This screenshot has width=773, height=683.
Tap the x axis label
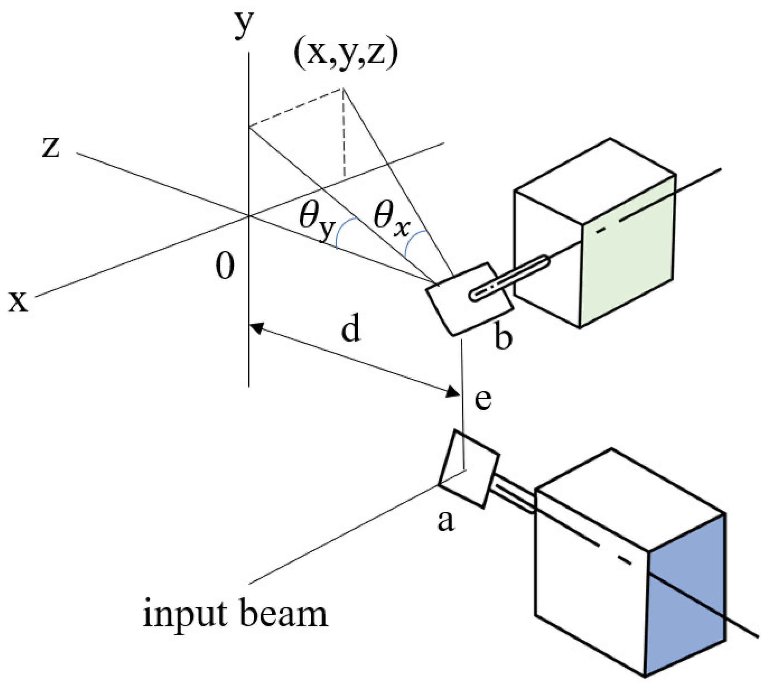(x=18, y=302)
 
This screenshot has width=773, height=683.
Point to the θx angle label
(x=391, y=221)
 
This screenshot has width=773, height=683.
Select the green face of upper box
(x=628, y=250)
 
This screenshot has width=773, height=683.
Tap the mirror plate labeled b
(x=469, y=299)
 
